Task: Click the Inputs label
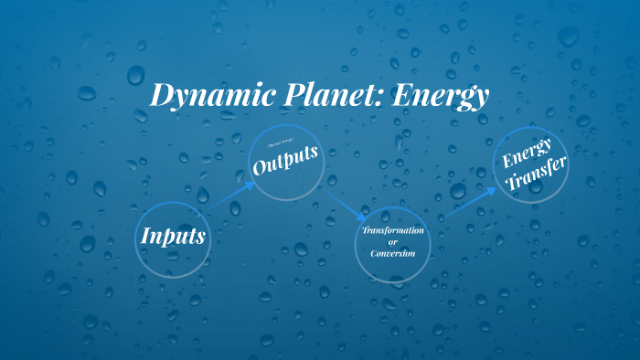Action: coord(173,236)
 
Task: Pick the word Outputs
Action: coord(287,163)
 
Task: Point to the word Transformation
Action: coord(393,230)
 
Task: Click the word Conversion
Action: coord(394,253)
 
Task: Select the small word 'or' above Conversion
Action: coord(393,241)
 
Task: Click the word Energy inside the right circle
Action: coord(528,154)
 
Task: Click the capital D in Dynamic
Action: coord(161,94)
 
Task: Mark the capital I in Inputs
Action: coord(146,235)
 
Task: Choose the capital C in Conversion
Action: coord(374,253)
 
